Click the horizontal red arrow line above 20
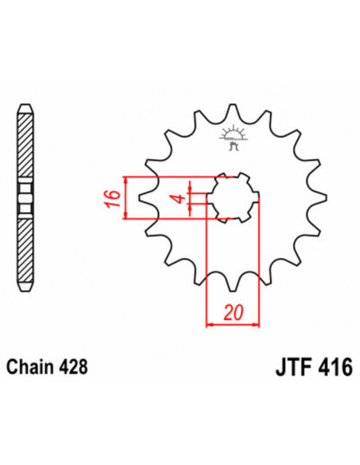233,324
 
